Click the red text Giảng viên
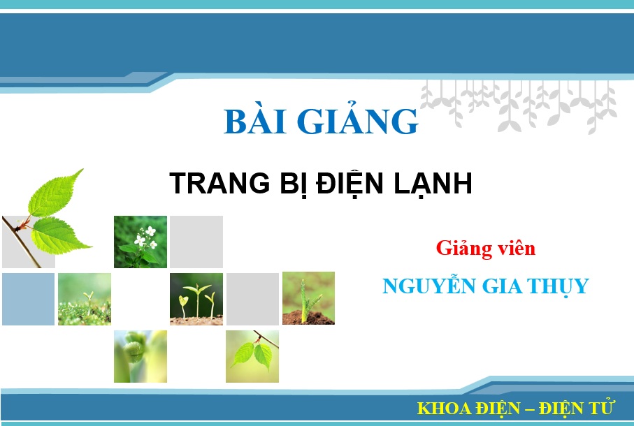pyautogui.click(x=485, y=248)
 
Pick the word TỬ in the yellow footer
pyautogui.click(x=600, y=407)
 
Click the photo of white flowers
pyautogui.click(x=141, y=242)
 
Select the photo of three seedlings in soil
pyautogui.click(x=196, y=299)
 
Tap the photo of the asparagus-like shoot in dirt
pyautogui.click(x=308, y=298)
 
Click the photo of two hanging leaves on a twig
pyautogui.click(x=252, y=356)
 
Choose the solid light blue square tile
pyautogui.click(x=28, y=299)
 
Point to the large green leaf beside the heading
pyautogui.click(x=56, y=210)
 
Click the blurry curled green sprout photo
pyautogui.click(x=141, y=356)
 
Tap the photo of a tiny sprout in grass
pyautogui.click(x=85, y=299)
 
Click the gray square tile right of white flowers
pyautogui.click(x=196, y=242)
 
